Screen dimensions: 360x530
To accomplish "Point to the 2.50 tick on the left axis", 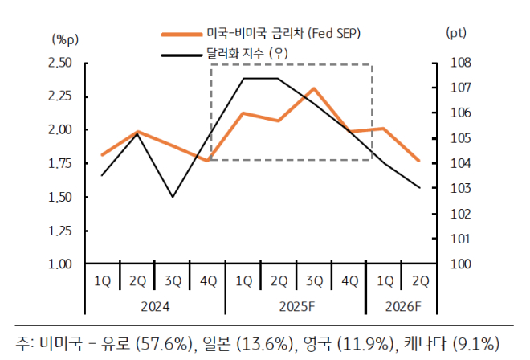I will coord(61,63).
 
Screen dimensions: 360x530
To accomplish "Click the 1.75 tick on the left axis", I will coord(61,163).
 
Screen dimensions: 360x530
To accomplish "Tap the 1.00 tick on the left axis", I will coord(61,264).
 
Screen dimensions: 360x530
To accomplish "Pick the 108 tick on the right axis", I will coord(454,63).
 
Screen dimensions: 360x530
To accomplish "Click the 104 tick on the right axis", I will coord(454,163).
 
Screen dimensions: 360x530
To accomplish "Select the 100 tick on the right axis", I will coord(454,264).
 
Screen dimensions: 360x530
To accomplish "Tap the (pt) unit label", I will coord(455,32).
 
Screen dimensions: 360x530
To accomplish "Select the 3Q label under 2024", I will coord(173,281).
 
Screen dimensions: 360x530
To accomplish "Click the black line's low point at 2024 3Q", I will coord(173,197).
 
